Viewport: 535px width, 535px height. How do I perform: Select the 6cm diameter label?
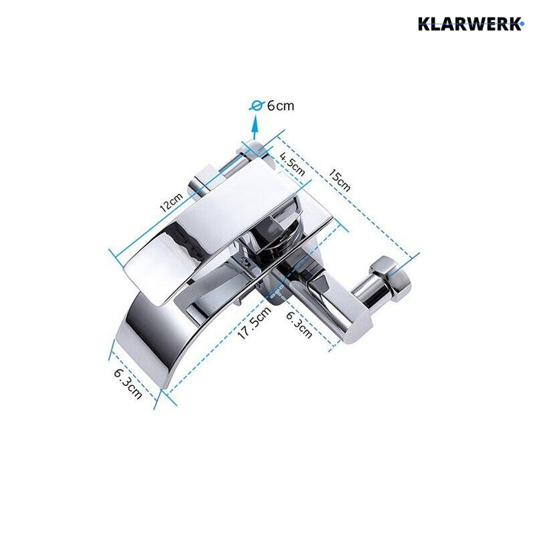280,106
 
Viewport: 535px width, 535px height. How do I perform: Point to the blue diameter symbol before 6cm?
258,106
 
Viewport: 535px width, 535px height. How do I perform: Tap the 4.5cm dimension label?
292,164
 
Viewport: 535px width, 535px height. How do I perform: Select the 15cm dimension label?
339,180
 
